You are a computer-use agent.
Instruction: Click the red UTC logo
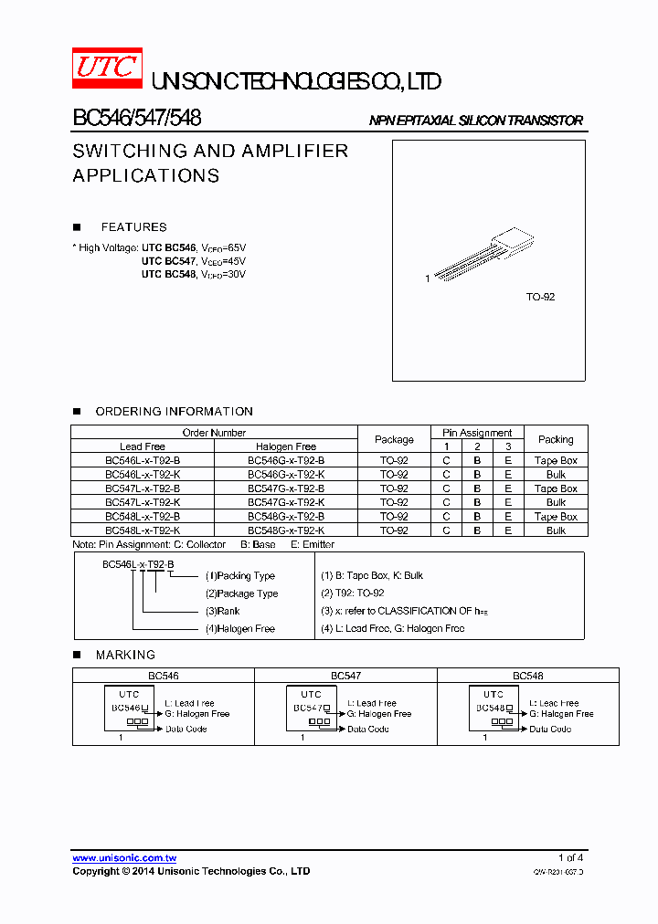click(x=107, y=67)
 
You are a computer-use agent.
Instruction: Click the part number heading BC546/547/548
click(x=137, y=119)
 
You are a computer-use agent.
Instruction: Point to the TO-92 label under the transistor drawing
click(x=540, y=298)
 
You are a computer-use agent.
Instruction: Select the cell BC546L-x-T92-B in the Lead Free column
click(x=143, y=461)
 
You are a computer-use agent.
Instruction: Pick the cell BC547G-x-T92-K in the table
click(x=286, y=502)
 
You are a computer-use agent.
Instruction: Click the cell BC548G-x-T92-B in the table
click(x=286, y=516)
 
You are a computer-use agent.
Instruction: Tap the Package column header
click(x=395, y=439)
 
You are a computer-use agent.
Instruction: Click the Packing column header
click(x=556, y=439)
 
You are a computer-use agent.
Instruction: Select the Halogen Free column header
click(x=286, y=446)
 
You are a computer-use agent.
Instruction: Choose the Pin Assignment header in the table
click(x=477, y=433)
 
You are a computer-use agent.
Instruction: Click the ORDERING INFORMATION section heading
click(x=174, y=412)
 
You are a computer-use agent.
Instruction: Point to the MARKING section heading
click(x=125, y=655)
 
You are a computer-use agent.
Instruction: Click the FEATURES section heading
click(x=133, y=227)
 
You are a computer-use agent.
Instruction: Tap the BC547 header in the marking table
click(x=345, y=676)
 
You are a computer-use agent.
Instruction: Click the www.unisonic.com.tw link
click(x=124, y=858)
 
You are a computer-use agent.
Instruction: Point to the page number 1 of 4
click(x=570, y=858)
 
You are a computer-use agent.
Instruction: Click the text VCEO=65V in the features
click(x=223, y=248)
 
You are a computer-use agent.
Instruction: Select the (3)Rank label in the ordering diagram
click(x=224, y=611)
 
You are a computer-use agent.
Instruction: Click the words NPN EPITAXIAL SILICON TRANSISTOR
click(x=475, y=121)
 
